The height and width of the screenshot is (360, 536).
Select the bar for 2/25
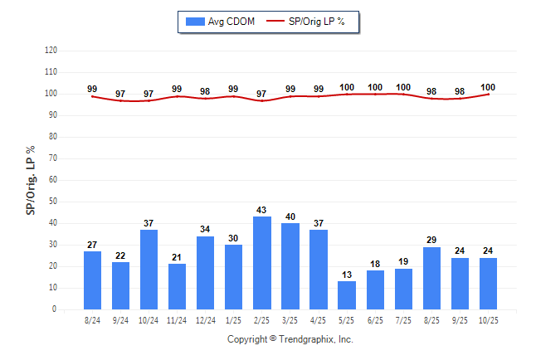click(x=262, y=263)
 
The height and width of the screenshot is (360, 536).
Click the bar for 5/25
click(x=347, y=295)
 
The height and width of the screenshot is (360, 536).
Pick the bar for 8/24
click(x=93, y=280)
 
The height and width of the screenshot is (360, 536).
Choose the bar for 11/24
click(x=178, y=287)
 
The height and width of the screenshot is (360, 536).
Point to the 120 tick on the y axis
click(x=51, y=51)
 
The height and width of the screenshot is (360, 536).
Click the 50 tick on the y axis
click(x=52, y=202)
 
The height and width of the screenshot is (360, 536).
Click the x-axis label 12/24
click(x=206, y=320)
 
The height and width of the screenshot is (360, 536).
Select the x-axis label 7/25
click(x=403, y=320)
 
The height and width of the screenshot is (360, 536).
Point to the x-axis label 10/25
click(x=488, y=320)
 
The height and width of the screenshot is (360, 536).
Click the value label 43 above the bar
click(x=262, y=209)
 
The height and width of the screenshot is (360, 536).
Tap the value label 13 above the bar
click(x=347, y=275)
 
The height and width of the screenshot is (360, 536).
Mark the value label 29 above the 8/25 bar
click(x=431, y=240)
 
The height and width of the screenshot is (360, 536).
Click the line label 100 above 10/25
click(x=488, y=88)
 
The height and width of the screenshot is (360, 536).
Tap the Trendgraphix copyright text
click(x=290, y=340)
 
